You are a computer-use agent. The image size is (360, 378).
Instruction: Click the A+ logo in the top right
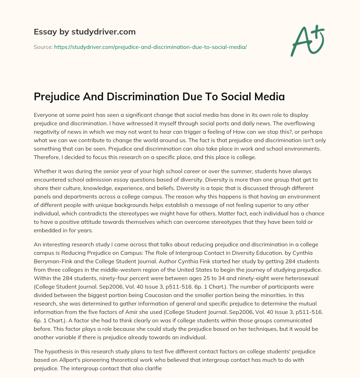point(307,40)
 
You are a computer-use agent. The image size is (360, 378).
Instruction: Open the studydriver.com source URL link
point(150,47)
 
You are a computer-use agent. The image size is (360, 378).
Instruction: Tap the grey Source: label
point(43,47)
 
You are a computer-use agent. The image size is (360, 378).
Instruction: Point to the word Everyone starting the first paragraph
point(47,115)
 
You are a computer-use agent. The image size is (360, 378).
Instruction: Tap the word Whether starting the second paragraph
point(46,171)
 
